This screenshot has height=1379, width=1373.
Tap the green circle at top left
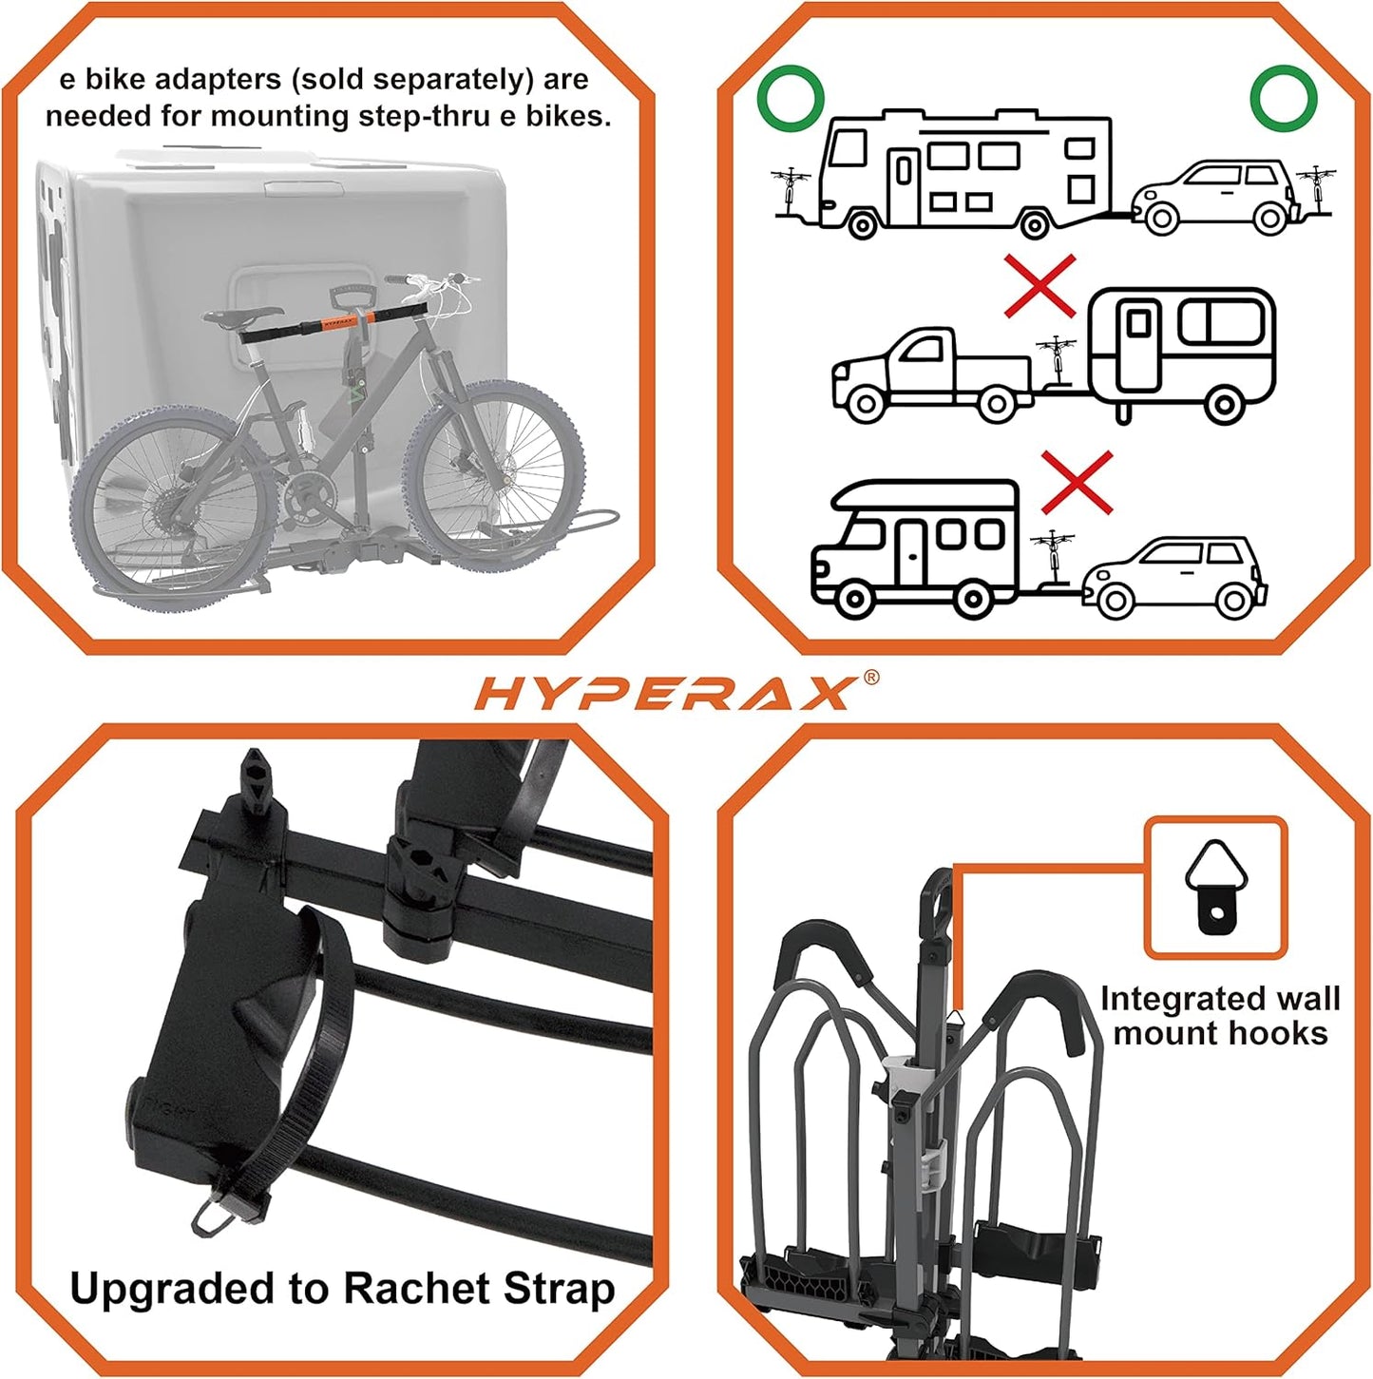pyautogui.click(x=790, y=97)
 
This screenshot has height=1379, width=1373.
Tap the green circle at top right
pyautogui.click(x=1283, y=97)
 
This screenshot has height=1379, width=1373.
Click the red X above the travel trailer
pyautogui.click(x=1040, y=285)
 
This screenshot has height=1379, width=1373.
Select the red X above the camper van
pyautogui.click(x=1077, y=482)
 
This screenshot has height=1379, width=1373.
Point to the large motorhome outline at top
pyautogui.click(x=964, y=171)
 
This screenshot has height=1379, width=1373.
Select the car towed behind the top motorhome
pyautogui.click(x=1216, y=197)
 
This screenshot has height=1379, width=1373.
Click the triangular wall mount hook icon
pyautogui.click(x=1214, y=887)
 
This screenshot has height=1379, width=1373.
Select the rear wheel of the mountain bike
pyautogui.click(x=171, y=517)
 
